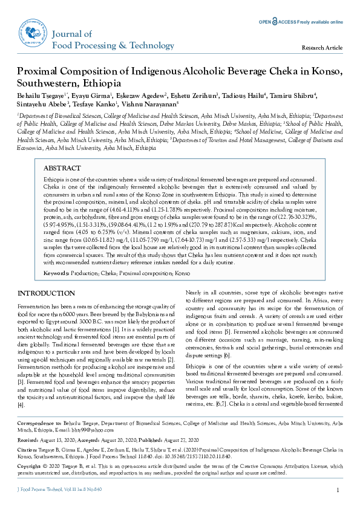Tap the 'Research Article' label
click(322, 47)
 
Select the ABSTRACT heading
click(62, 168)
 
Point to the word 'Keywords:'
click(57, 273)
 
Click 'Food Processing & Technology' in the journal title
click(105, 45)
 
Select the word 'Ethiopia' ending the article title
click(99, 83)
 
